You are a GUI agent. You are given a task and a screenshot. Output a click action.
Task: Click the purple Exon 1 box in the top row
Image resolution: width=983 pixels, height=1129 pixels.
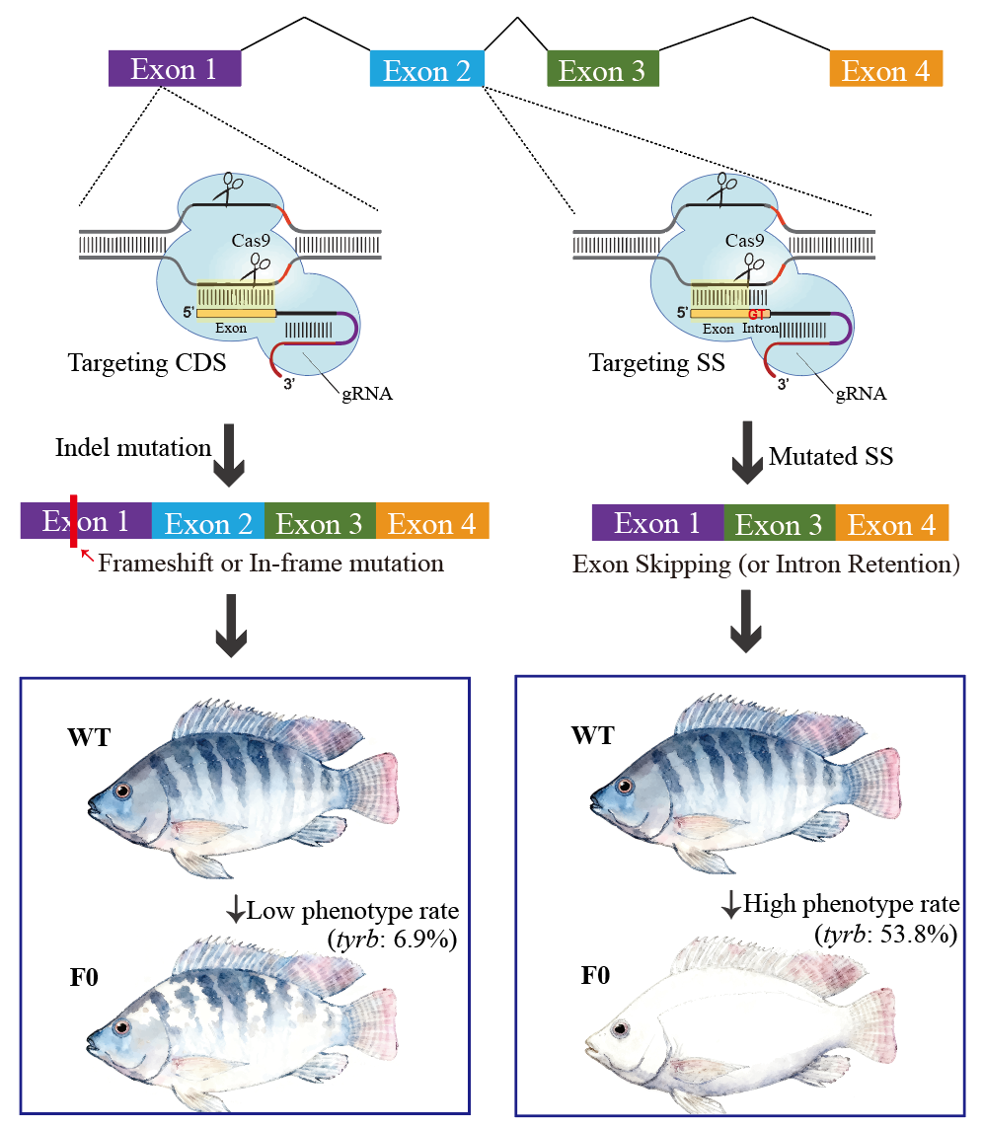tap(175, 68)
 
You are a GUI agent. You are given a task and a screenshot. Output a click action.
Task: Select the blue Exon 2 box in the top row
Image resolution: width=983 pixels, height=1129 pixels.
tap(426, 70)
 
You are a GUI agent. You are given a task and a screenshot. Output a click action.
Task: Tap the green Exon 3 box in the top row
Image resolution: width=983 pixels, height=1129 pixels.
tap(602, 70)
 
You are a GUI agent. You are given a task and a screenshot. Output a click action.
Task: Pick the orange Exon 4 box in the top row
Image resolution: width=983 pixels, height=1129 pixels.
tap(885, 70)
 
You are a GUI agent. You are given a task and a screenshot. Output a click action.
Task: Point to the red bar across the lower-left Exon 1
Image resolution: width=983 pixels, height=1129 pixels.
tap(73, 521)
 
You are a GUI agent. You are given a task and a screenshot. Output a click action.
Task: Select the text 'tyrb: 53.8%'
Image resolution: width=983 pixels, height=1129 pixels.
tap(885, 933)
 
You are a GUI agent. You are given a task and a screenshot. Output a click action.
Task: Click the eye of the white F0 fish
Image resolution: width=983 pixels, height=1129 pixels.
tap(622, 1030)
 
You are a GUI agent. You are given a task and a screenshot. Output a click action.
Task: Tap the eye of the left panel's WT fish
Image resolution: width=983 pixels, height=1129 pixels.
tap(122, 791)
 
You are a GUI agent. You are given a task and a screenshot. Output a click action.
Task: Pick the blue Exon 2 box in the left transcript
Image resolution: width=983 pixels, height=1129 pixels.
tap(207, 521)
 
